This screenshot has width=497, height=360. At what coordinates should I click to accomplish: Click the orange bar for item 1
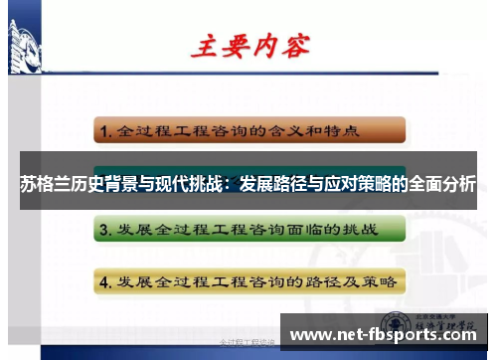[249, 130]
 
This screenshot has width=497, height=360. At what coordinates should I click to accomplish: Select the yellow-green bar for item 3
[249, 231]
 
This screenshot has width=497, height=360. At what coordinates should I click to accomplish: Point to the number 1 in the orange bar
[103, 130]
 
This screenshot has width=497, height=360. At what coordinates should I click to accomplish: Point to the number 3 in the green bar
[103, 231]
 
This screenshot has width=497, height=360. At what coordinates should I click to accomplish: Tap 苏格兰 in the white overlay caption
[41, 184]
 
